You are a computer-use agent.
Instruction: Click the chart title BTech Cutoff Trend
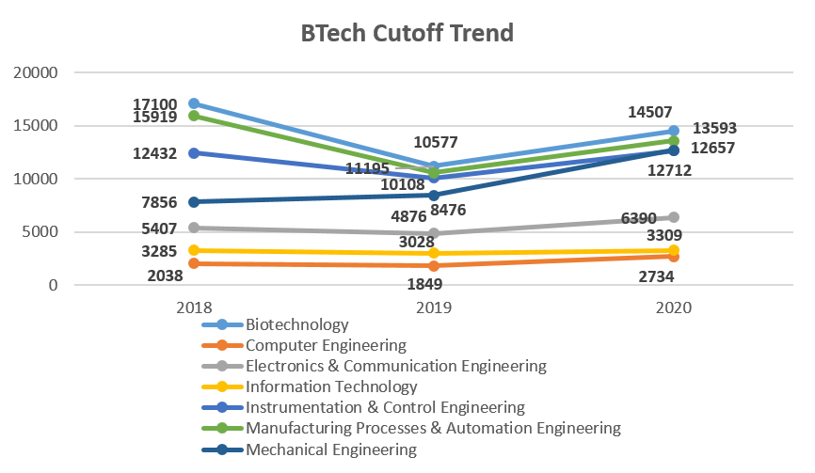(407, 33)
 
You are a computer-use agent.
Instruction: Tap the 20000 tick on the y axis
(33, 72)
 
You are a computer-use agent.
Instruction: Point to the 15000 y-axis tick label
(33, 125)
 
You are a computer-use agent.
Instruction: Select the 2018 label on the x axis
(194, 307)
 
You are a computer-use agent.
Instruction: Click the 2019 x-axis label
(434, 307)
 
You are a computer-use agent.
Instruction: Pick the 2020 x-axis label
(674, 307)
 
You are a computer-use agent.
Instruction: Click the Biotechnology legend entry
(296, 324)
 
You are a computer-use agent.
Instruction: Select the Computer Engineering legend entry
(326, 345)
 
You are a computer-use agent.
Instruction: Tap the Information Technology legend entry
(331, 386)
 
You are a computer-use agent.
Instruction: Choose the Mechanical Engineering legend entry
(331, 449)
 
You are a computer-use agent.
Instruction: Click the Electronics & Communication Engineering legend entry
(395, 366)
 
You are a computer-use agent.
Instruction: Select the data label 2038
(166, 276)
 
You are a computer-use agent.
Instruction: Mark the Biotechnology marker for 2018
(194, 103)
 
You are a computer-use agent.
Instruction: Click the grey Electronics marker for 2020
(674, 217)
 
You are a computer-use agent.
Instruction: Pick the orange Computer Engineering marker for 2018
(194, 263)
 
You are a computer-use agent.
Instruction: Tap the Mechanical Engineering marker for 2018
(194, 201)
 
